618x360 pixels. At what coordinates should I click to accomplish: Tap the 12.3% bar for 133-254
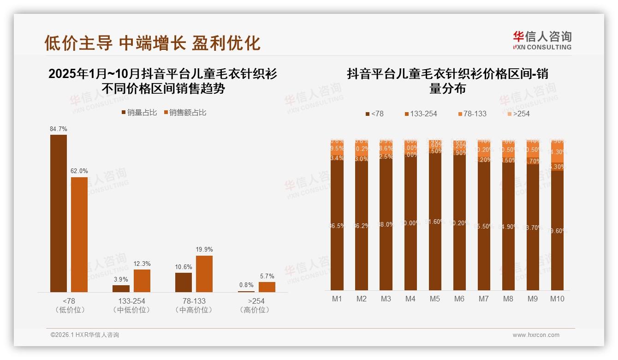(x=142, y=281)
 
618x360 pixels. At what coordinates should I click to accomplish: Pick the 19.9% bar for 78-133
(x=204, y=274)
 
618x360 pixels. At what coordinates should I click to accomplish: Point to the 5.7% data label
(x=267, y=276)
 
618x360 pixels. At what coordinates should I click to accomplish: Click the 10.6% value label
(x=183, y=267)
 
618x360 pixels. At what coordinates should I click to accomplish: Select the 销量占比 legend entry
(x=139, y=113)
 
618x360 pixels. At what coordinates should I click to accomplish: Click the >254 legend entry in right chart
(x=519, y=114)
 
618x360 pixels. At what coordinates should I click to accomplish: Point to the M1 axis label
(x=337, y=299)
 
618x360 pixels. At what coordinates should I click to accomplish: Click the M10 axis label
(x=557, y=299)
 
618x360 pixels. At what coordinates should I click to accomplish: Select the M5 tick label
(x=435, y=299)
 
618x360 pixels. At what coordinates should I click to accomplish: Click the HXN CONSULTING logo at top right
(x=542, y=40)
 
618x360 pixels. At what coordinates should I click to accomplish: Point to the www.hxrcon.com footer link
(x=536, y=335)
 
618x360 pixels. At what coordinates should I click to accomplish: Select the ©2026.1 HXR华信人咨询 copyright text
(x=85, y=335)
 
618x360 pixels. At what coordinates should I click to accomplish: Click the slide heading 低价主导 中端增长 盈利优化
(x=153, y=43)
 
